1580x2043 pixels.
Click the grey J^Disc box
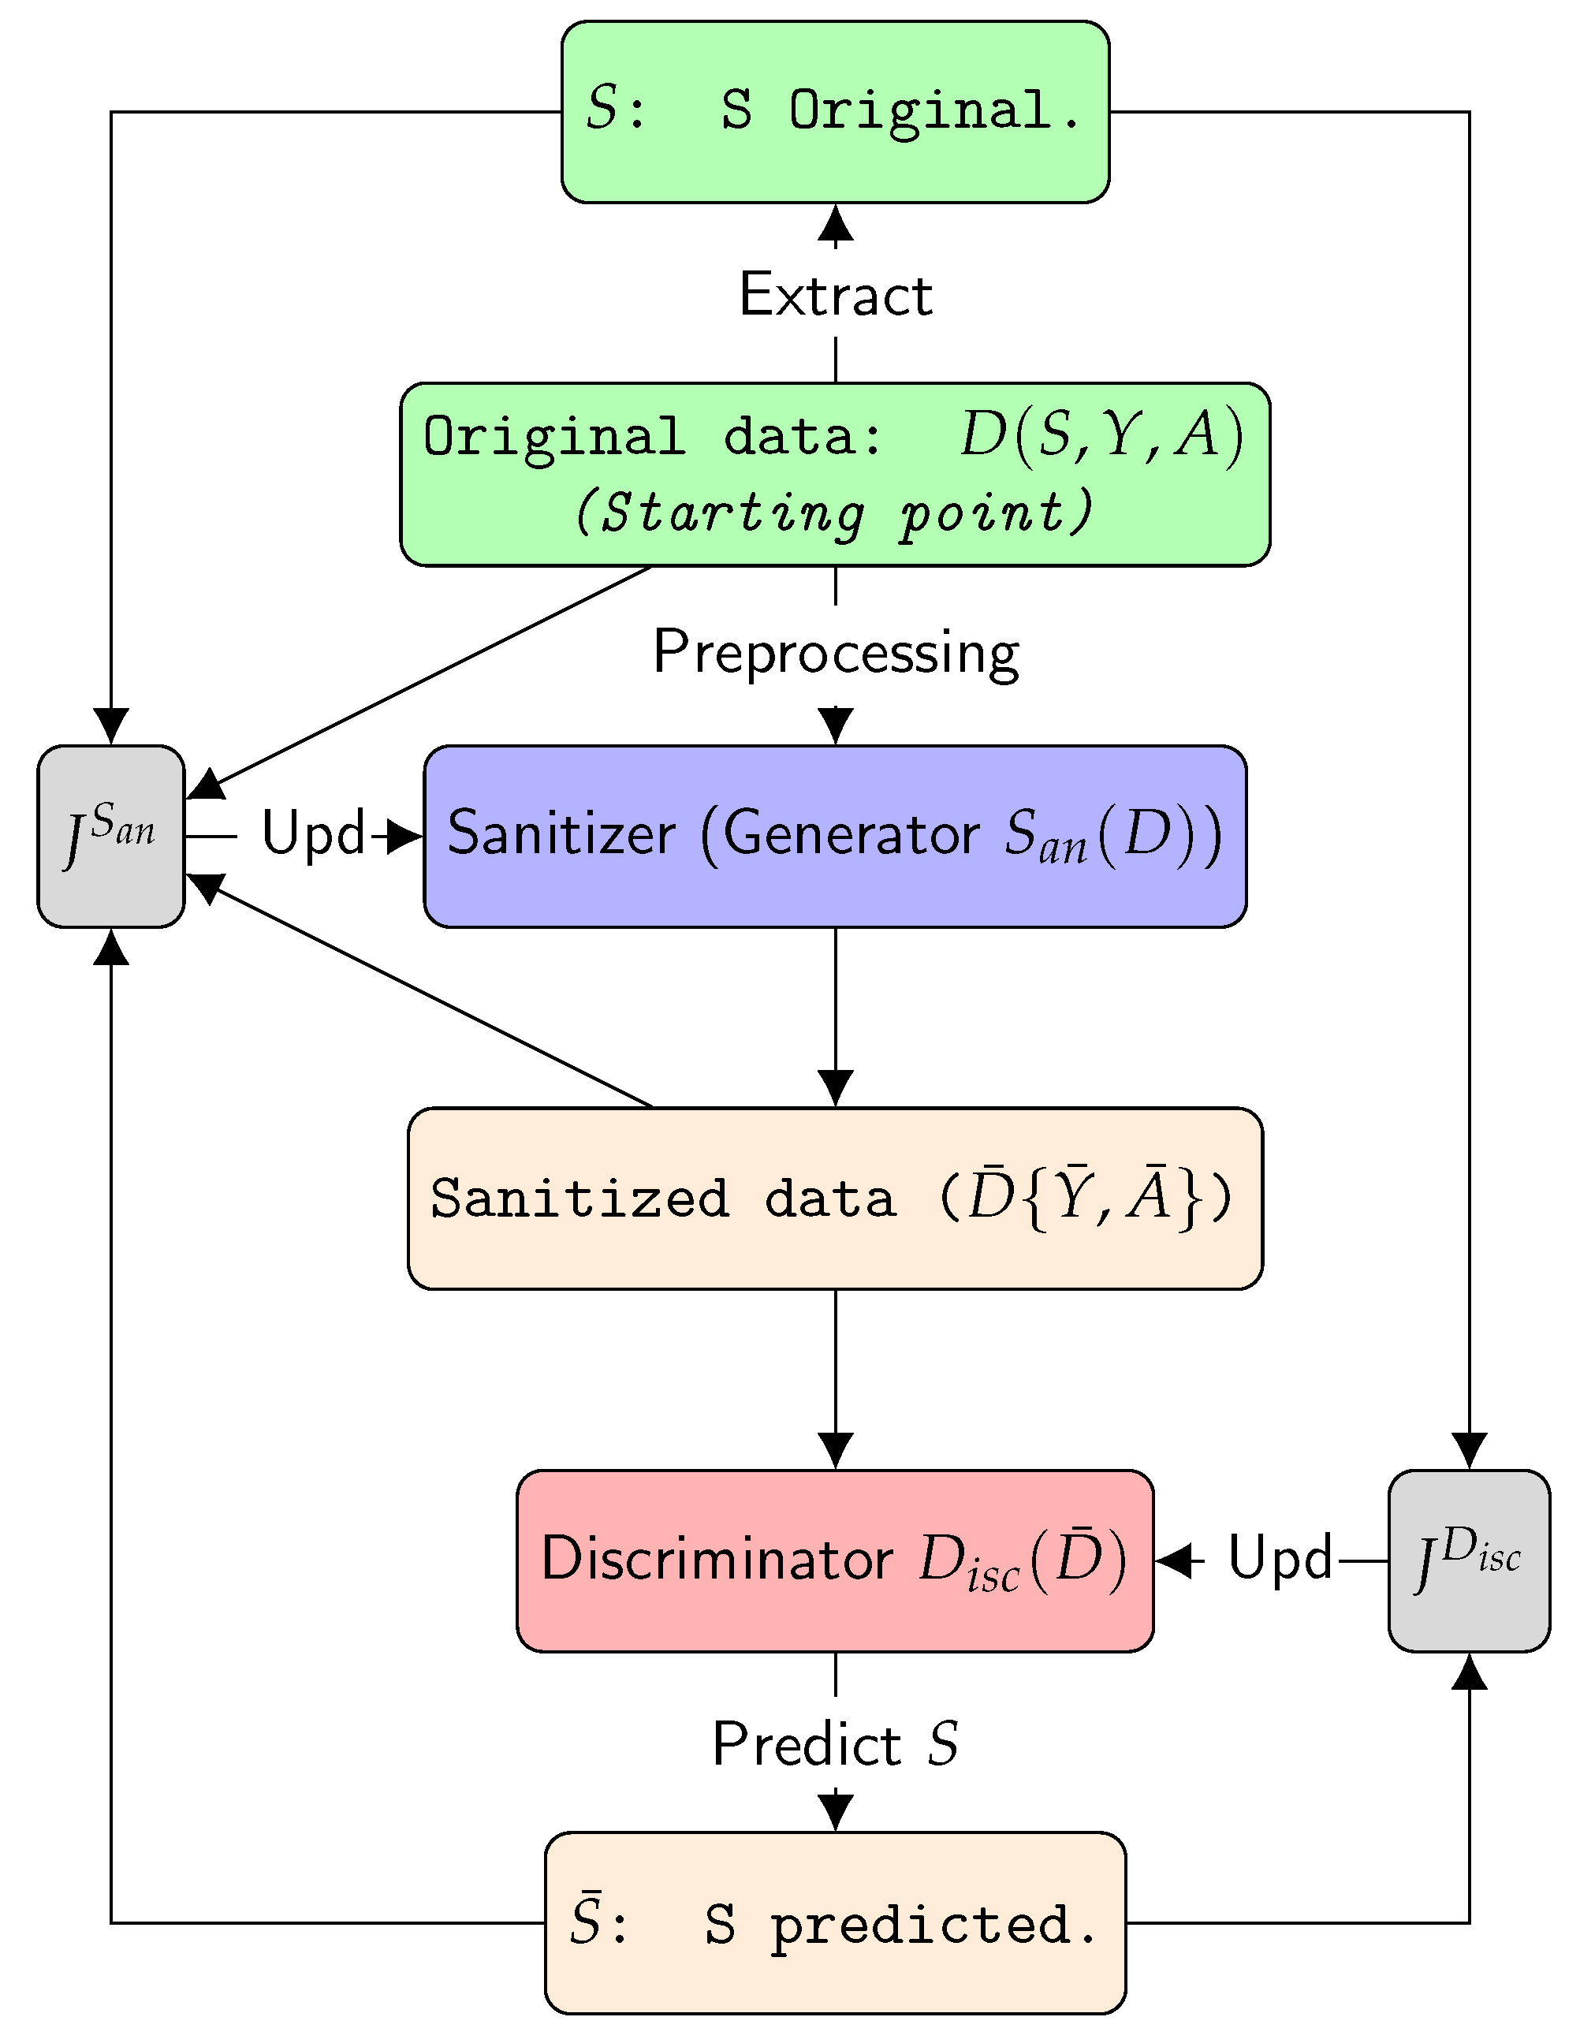click(1468, 1560)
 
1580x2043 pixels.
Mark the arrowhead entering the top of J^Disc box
click(1469, 1451)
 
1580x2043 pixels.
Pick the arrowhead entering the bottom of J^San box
click(111, 947)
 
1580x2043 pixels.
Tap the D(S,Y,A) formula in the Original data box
click(1101, 435)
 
